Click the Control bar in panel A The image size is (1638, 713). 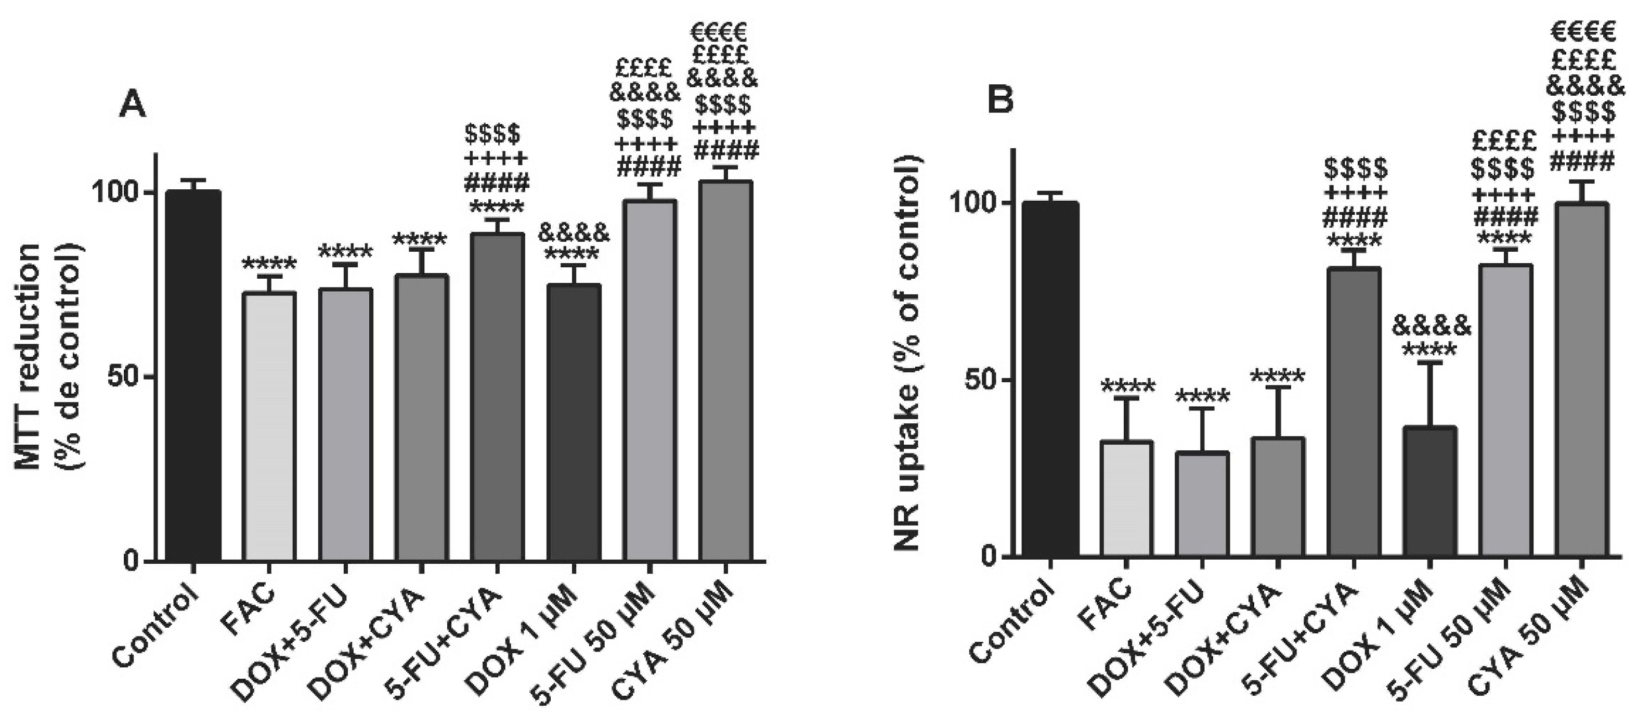click(x=193, y=375)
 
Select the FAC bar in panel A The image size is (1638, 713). click(x=269, y=426)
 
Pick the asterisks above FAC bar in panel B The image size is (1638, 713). click(x=1127, y=385)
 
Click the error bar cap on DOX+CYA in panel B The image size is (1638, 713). click(x=1278, y=387)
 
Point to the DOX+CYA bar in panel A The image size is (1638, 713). click(x=422, y=417)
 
